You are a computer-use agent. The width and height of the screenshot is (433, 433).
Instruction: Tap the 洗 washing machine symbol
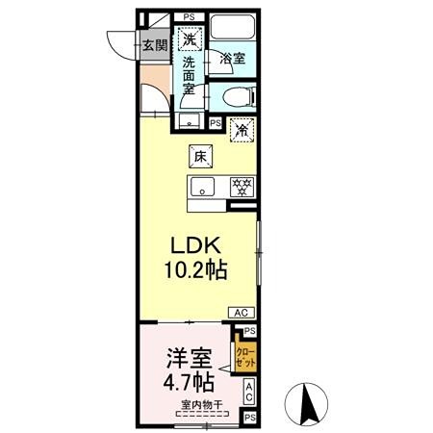pos(191,40)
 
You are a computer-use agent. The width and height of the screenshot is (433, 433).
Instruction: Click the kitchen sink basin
pos(203,185)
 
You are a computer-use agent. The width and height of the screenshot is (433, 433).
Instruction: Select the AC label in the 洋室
pos(248,392)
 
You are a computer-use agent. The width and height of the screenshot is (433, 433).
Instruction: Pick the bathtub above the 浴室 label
pos(231,28)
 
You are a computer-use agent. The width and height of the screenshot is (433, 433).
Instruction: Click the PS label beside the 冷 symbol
pos(216,123)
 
